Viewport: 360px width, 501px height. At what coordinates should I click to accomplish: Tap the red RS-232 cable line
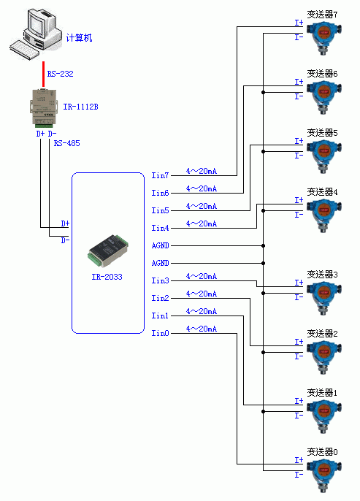coord(43,74)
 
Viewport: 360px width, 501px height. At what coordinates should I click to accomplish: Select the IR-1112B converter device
coord(44,107)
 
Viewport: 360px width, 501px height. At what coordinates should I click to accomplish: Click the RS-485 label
coord(66,143)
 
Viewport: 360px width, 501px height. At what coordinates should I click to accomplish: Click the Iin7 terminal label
coord(160,175)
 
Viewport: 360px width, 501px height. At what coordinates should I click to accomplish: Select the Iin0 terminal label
coord(160,333)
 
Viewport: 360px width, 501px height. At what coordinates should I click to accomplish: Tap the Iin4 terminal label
coord(160,228)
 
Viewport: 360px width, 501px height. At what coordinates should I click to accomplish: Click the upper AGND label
coord(161,245)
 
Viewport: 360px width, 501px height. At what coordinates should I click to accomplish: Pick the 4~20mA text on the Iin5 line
coord(202,206)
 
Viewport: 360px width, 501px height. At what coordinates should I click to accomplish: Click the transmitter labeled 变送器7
coord(324,38)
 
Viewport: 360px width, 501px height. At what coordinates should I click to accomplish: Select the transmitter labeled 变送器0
coord(324,475)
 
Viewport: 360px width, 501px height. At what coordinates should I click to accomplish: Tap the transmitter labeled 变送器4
coord(324,215)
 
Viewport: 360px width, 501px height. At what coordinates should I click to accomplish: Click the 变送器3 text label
coord(322,274)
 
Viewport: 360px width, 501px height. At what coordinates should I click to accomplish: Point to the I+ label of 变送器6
coord(299,82)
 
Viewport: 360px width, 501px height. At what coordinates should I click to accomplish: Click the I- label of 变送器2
coord(299,356)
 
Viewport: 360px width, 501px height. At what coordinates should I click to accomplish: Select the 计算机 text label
coord(79,38)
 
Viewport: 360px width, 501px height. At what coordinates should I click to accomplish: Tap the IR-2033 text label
coord(107,277)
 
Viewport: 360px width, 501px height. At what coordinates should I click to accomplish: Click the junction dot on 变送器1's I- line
coord(263,412)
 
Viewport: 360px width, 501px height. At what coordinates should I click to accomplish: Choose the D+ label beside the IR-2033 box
coord(65,223)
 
